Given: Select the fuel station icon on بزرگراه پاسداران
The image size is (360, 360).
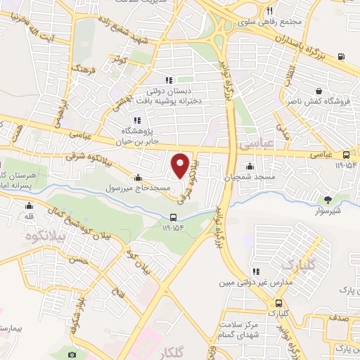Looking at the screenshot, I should point(341,56).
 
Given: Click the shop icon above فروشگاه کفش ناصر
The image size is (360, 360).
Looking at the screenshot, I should point(319,91).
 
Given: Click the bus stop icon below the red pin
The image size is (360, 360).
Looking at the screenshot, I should point(174,217).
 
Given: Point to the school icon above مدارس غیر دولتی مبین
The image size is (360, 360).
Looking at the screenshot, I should point(257,271).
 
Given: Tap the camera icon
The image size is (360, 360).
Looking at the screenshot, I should point(72,355).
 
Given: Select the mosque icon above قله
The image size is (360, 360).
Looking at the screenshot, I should point(29,206).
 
